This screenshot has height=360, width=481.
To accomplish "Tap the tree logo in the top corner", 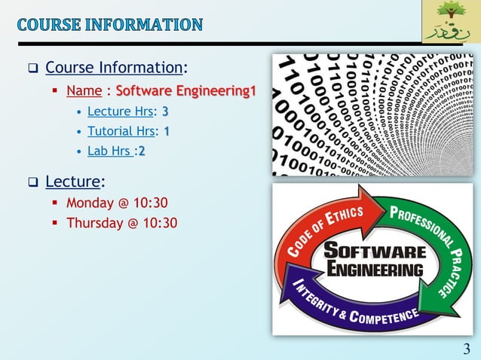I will [449, 23].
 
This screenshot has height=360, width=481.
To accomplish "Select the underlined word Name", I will [84, 92].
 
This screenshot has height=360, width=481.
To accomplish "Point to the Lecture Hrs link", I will [120, 111].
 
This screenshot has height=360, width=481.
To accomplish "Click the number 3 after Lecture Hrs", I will [165, 111].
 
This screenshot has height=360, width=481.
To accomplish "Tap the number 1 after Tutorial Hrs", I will [167, 131].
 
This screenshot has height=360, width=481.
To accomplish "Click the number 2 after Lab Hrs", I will [141, 151].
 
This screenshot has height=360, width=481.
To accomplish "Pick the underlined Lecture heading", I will [72, 181].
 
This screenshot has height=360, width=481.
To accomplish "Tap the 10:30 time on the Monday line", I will [150, 203].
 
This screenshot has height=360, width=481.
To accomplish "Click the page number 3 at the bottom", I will [466, 348].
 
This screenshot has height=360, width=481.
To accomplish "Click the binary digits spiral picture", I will [372, 114].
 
